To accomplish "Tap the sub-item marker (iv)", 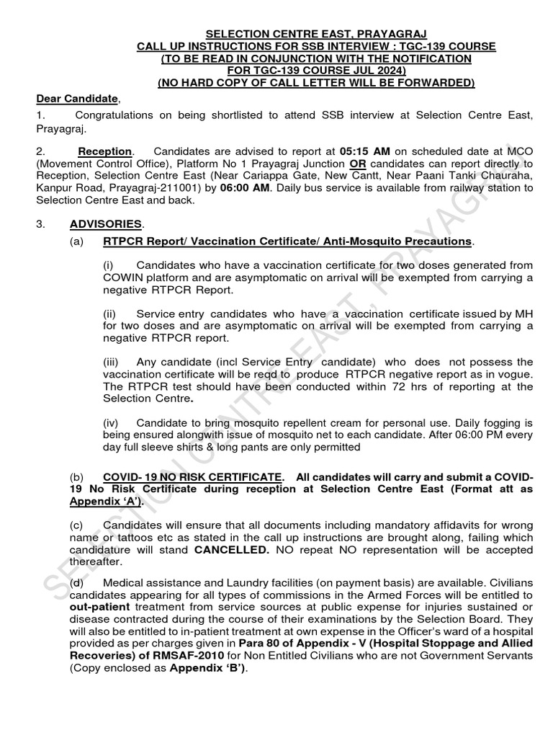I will pos(111,422).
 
